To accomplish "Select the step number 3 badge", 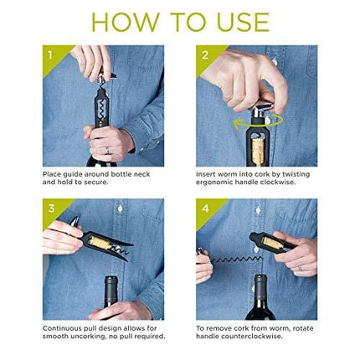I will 51,208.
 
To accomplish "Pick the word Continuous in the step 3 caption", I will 63,328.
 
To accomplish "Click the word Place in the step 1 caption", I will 52,174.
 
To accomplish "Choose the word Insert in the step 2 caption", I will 206,174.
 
